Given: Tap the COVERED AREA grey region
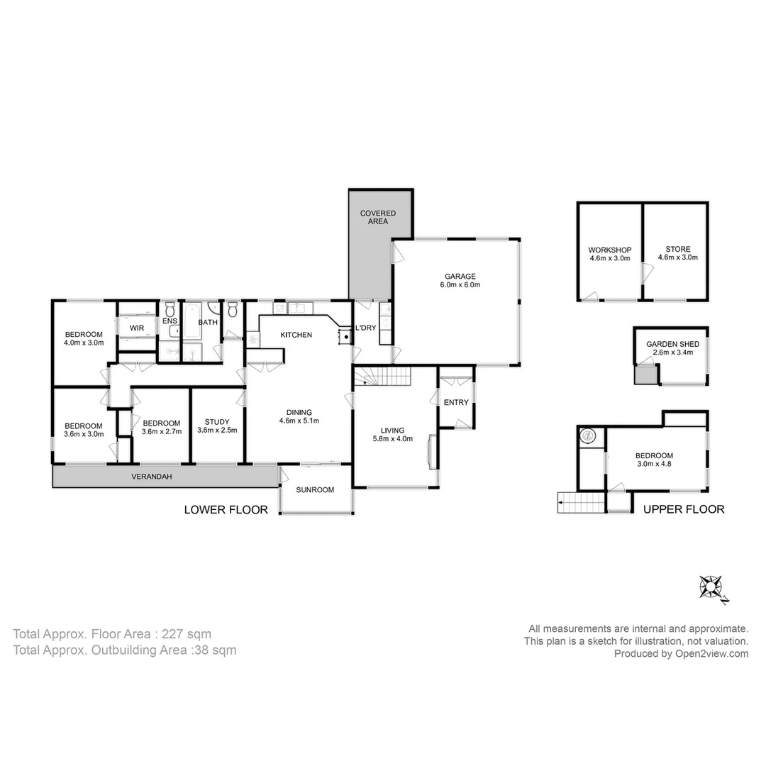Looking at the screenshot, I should click(x=377, y=241).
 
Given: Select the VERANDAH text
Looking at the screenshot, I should click(x=151, y=477).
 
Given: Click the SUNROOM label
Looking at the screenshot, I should click(x=315, y=489).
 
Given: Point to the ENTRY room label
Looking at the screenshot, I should click(x=456, y=403).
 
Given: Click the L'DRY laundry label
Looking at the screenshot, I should click(x=366, y=328).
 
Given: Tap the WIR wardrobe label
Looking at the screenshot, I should click(x=137, y=328).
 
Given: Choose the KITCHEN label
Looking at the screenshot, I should click(x=296, y=335).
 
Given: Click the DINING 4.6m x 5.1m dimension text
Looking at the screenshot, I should click(x=299, y=421).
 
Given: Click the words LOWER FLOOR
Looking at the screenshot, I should click(x=226, y=509).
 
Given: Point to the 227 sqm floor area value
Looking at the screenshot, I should click(x=187, y=634).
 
